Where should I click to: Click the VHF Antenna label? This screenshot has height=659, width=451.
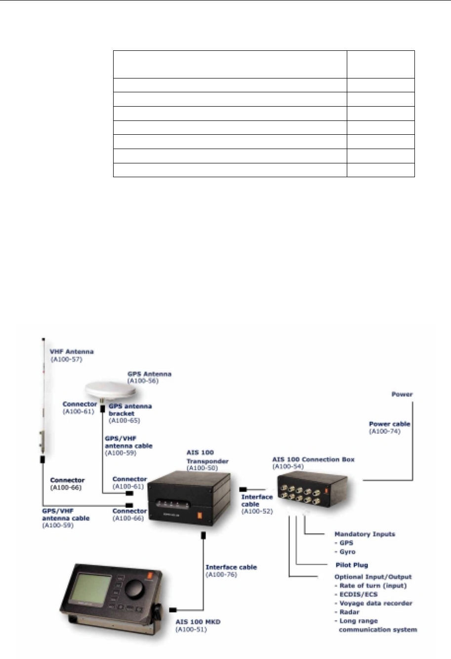pyautogui.click(x=72, y=352)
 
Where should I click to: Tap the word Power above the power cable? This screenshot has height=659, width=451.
pyautogui.click(x=402, y=394)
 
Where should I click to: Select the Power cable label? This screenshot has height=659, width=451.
pyautogui.click(x=389, y=424)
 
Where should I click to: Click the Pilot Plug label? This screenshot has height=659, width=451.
pyautogui.click(x=352, y=565)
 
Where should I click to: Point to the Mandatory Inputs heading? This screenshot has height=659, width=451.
pyautogui.click(x=365, y=534)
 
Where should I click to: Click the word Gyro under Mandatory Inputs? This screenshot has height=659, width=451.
pyautogui.click(x=347, y=552)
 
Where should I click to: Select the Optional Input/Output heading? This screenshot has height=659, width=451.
pyautogui.click(x=373, y=577)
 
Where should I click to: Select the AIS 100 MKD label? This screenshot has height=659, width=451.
pyautogui.click(x=198, y=622)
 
